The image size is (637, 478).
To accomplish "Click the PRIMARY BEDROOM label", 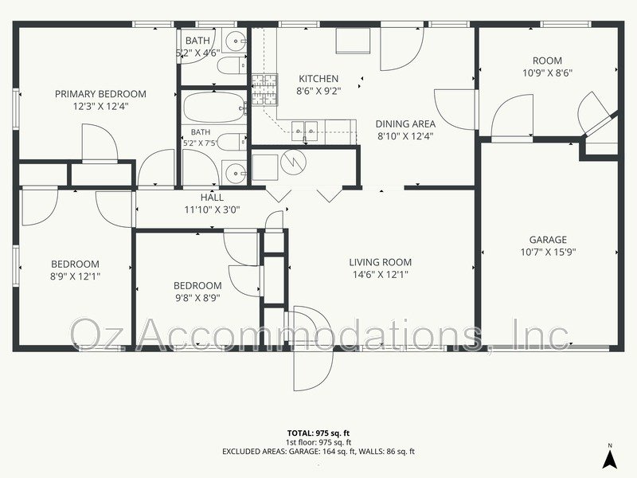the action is pos(100,94).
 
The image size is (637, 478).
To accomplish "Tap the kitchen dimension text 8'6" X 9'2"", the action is pos(318,91).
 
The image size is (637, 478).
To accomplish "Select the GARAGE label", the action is pos(548,240).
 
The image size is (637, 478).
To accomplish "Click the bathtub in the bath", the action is pos(213,108).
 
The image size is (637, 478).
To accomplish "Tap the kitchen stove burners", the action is pos(264,90).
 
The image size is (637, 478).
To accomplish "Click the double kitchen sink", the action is pos(304,131).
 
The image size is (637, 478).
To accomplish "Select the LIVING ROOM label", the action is pos(381,262).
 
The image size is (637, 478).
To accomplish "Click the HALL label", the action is pos(212,198).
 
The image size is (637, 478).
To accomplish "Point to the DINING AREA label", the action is pos(405,124).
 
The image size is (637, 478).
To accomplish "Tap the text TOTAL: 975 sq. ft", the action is pos(318,433).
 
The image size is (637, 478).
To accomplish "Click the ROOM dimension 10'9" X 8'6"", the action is pos(547,73).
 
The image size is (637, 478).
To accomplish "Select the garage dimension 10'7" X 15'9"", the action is pos(548,253).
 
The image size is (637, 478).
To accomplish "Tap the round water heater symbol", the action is pos(292,163).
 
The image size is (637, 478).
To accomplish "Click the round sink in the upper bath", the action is pos(235,41).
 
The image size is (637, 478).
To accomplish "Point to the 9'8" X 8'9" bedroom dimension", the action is pos(197,298).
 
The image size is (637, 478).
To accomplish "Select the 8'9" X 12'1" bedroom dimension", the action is pos(75,276).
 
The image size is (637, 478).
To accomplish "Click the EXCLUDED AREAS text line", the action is pos(318,451).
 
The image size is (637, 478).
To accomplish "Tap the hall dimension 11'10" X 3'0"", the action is pos(212,210).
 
